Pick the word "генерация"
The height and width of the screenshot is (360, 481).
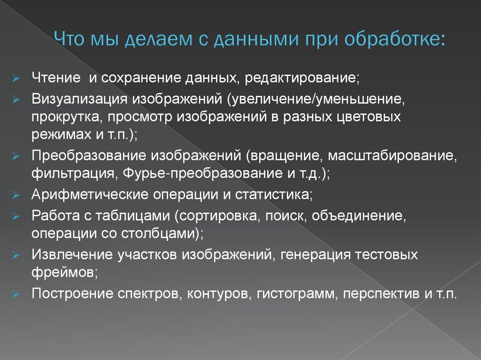312,255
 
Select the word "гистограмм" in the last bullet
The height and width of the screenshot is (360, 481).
293,294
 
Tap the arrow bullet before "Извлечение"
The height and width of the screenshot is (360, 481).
15,256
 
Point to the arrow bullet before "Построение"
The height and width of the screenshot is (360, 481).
15,295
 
